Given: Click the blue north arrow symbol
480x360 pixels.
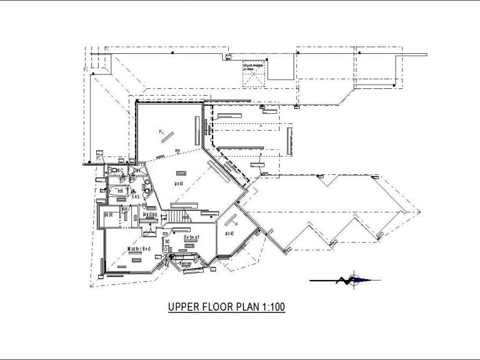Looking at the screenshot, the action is [357, 280].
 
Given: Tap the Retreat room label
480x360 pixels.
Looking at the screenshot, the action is [191, 237].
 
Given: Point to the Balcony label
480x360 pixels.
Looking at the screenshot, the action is [185, 264].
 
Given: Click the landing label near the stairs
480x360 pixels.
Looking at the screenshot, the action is [150, 214].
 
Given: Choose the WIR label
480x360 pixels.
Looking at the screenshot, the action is [110, 215].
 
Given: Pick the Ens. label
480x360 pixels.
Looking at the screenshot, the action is [136, 197].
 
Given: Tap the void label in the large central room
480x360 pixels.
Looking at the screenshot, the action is [179, 183].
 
